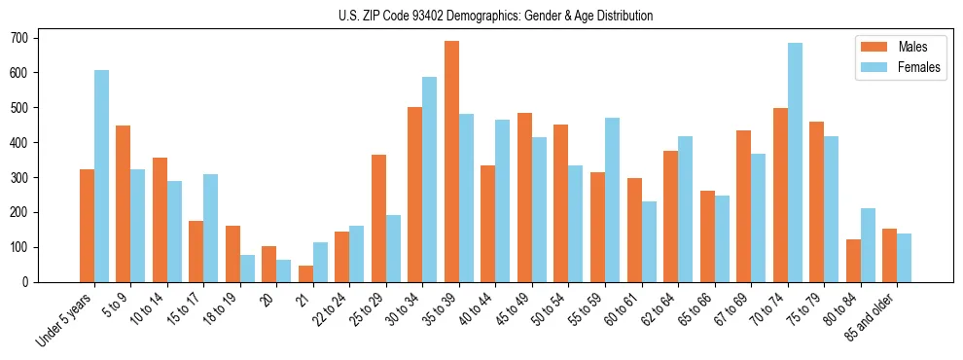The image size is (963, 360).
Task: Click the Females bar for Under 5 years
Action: click(101, 176)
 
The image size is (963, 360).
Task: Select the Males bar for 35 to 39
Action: click(451, 162)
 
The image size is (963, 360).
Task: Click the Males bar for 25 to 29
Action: click(378, 219)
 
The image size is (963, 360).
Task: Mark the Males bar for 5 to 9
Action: click(123, 204)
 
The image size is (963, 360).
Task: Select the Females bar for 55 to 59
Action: click(612, 200)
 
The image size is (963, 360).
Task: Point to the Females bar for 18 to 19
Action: click(247, 269)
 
